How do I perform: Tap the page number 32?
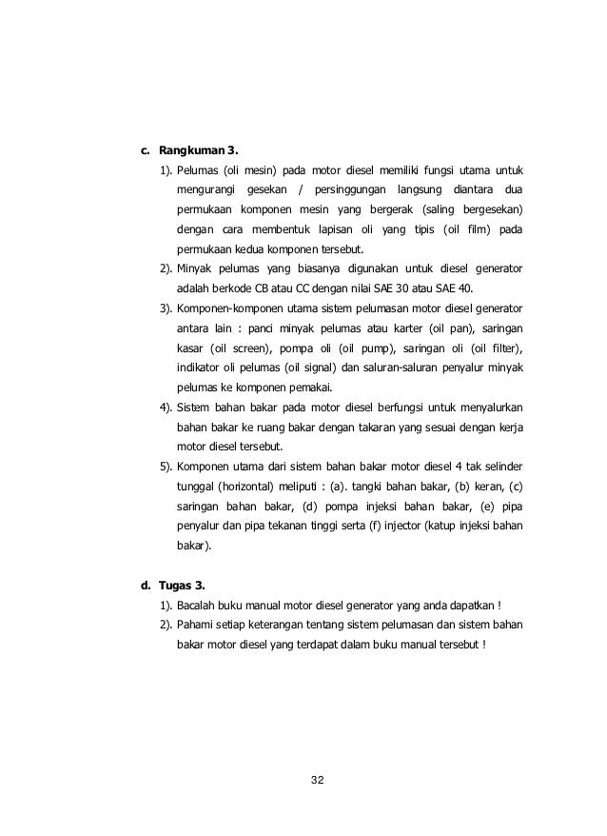coord(318,781)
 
